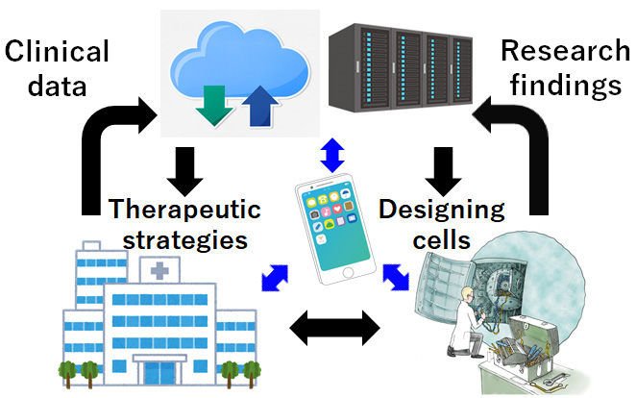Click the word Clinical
click(x=57, y=51)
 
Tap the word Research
click(x=566, y=51)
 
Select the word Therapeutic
click(x=184, y=211)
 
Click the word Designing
click(x=442, y=211)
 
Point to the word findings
click(x=566, y=86)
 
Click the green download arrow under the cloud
click(x=213, y=105)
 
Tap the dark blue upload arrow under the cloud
click(x=260, y=107)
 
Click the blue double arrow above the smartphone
click(x=332, y=156)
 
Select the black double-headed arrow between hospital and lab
click(x=334, y=328)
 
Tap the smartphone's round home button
click(x=348, y=273)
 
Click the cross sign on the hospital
click(x=159, y=270)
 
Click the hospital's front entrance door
click(x=160, y=373)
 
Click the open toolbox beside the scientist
click(x=524, y=348)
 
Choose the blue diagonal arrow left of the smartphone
click(x=275, y=278)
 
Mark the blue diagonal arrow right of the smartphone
click(x=396, y=277)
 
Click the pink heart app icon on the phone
click(x=337, y=209)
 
